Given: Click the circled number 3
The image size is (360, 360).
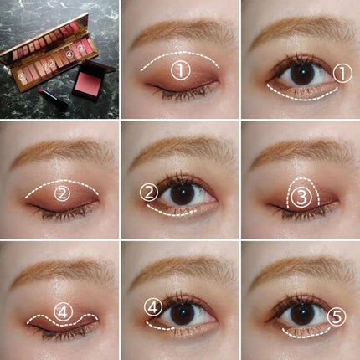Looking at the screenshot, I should tap(303, 195).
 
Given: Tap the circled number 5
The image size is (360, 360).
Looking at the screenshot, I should tap(336, 316).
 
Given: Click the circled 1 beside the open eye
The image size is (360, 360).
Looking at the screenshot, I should tap(340, 74).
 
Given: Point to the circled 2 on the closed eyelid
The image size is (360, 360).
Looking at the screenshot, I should tap(62, 194).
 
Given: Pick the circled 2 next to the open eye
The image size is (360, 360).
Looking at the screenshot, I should tap(149, 193).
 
